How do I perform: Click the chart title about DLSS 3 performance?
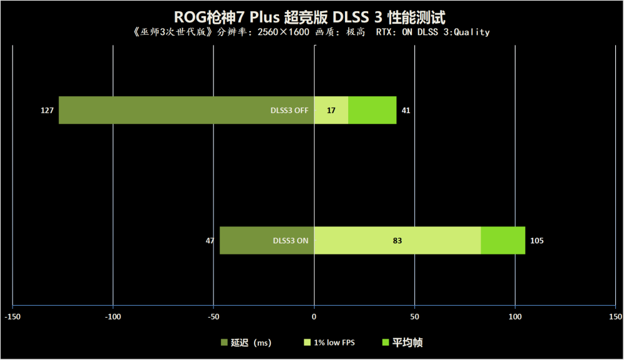(x=311, y=16)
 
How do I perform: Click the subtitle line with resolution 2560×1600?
(x=311, y=32)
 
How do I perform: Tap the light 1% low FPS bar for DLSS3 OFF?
(x=331, y=110)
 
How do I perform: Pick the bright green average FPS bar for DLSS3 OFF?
(x=372, y=110)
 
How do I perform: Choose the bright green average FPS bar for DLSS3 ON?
(x=503, y=240)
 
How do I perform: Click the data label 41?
(x=406, y=110)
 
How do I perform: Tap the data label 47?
(x=210, y=240)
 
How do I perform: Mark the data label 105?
(x=537, y=240)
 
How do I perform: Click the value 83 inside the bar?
(x=397, y=240)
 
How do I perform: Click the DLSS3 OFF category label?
(x=289, y=110)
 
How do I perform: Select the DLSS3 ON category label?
(x=290, y=240)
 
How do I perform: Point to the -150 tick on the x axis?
(x=12, y=317)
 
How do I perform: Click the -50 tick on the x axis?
(x=213, y=317)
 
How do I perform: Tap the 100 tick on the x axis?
(x=515, y=317)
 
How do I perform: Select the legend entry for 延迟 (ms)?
(x=246, y=343)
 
